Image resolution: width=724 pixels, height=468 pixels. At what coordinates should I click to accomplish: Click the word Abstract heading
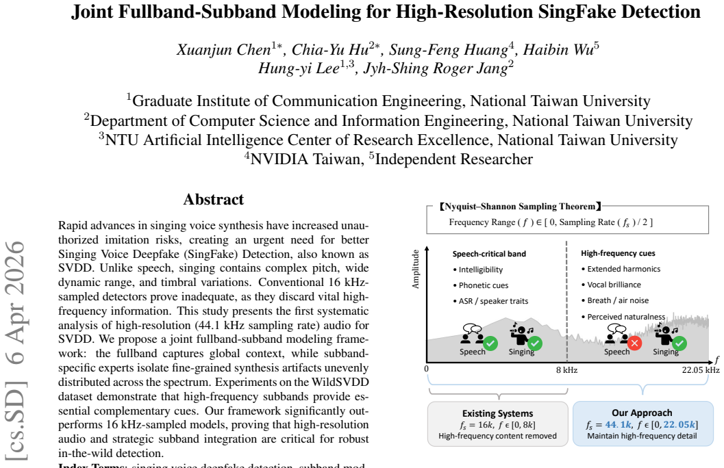(213, 199)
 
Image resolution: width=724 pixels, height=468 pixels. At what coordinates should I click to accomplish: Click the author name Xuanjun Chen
(223, 49)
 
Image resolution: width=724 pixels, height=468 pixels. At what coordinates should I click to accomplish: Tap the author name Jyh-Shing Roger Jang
(436, 68)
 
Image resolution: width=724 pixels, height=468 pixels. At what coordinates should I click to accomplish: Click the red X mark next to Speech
(634, 343)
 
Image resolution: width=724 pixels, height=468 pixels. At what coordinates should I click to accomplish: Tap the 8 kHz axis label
(566, 369)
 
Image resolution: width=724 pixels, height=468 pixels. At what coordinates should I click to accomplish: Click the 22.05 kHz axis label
(701, 369)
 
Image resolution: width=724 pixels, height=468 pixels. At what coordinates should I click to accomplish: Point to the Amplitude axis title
(416, 270)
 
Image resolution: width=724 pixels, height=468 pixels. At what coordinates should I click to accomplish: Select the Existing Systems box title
(498, 413)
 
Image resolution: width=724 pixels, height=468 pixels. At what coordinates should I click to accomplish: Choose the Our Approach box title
(642, 413)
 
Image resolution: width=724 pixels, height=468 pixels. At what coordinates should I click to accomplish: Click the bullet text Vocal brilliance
(614, 285)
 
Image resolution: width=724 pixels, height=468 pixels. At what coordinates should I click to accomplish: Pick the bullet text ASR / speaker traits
(493, 301)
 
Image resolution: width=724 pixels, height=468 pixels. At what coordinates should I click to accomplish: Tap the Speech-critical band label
(489, 254)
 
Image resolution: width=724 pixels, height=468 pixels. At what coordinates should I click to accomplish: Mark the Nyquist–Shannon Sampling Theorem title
(520, 207)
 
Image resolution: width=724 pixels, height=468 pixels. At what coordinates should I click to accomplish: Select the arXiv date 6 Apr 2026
(16, 302)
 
